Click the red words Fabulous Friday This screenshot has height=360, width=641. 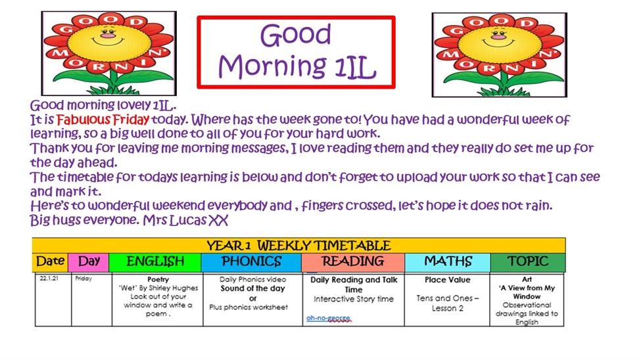pos(103,120)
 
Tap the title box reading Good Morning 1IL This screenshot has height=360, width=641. pos(296,52)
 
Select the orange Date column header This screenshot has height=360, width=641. pos(50,262)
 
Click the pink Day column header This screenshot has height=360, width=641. pos(89,262)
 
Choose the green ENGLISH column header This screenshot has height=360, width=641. pos(155,262)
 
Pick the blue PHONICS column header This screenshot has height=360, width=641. pos(251,262)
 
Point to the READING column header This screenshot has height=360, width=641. pos(353,262)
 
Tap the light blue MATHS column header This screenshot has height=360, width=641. pos(448,262)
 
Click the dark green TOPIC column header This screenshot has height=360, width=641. pos(528,262)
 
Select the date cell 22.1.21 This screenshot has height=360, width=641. pos(53,300)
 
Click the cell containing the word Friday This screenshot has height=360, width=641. pos(91,300)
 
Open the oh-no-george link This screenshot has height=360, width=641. pos(328,318)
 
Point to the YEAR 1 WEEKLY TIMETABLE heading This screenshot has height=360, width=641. pos(298,246)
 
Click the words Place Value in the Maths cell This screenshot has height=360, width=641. pos(447,280)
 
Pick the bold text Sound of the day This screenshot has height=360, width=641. pos(252,288)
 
